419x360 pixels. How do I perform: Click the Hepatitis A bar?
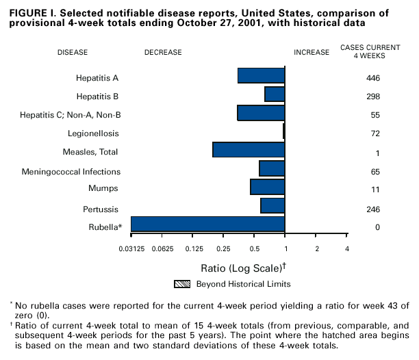[261, 75]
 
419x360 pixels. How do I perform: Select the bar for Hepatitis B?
[275, 94]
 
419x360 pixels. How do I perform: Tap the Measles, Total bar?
[249, 149]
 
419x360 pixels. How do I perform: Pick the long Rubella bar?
[207, 224]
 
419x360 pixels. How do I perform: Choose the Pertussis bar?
[272, 205]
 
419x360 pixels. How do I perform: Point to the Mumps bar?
[268, 187]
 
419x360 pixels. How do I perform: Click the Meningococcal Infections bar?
[272, 168]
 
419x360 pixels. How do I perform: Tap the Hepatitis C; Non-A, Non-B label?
[71, 114]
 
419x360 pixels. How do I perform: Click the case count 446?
[373, 78]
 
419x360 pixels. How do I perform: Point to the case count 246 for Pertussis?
[373, 209]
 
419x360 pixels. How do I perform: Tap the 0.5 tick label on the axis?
[254, 248]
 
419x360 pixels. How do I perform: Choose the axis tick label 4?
[347, 248]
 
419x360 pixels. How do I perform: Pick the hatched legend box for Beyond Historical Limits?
[181, 283]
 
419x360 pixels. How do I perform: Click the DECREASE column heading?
[163, 51]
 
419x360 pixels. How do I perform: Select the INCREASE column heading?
[312, 51]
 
